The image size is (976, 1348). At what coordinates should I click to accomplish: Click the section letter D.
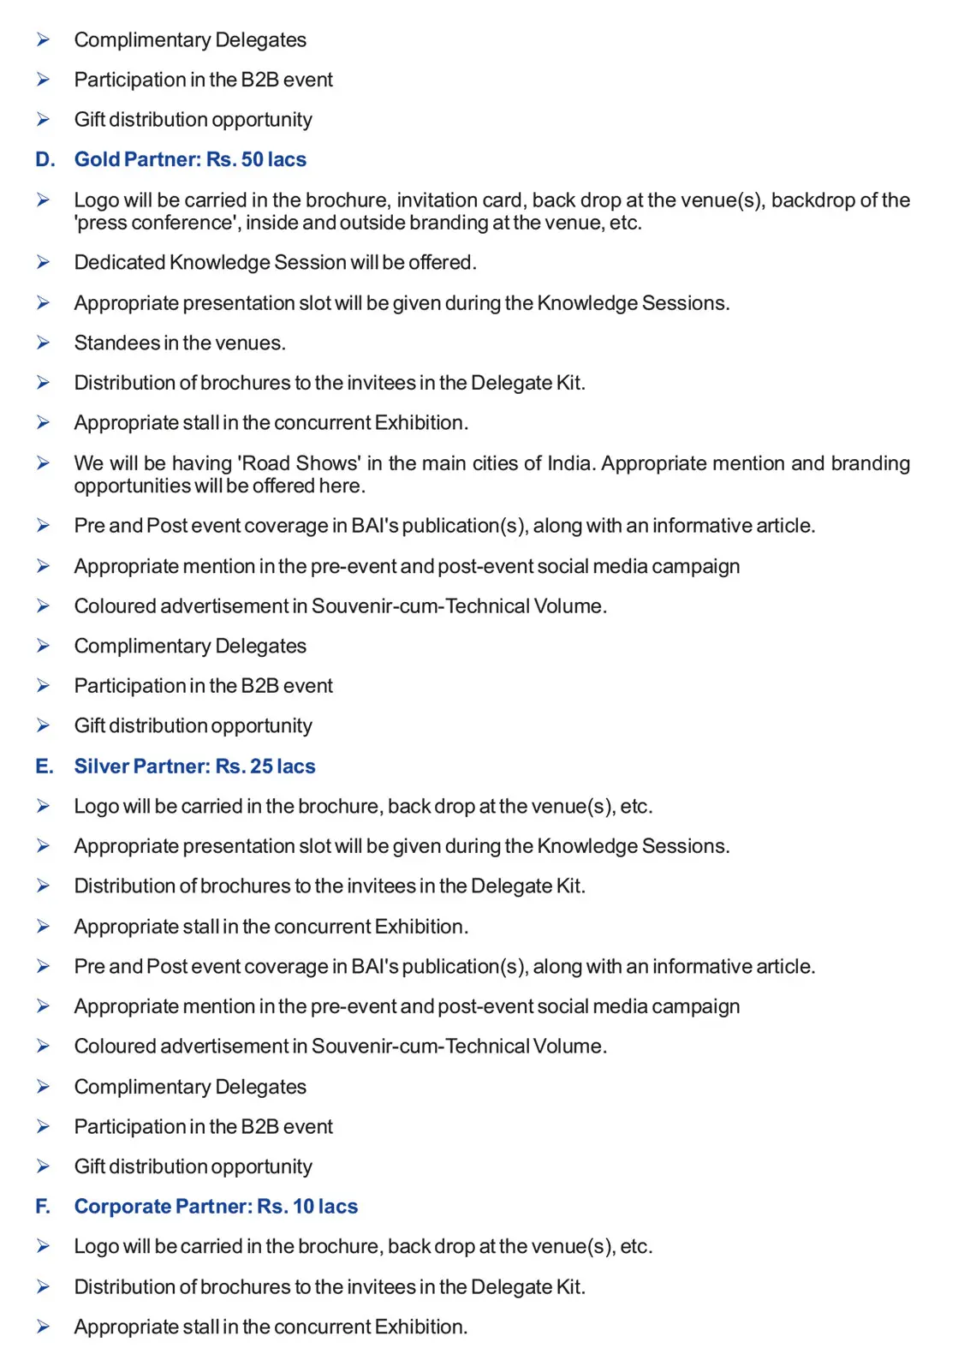click(45, 159)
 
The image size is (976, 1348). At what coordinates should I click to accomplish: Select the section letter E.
click(44, 766)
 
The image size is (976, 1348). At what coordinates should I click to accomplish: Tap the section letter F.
click(43, 1207)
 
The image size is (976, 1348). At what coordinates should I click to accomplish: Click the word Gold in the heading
click(97, 159)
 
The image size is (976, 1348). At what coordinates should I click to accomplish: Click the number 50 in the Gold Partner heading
click(252, 159)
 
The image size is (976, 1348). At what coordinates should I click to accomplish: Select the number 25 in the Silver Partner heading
click(261, 766)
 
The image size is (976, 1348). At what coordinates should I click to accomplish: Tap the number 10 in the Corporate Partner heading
click(303, 1207)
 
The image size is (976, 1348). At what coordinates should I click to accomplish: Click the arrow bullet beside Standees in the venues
click(43, 343)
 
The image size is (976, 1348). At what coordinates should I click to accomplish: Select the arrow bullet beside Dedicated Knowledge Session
click(43, 262)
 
